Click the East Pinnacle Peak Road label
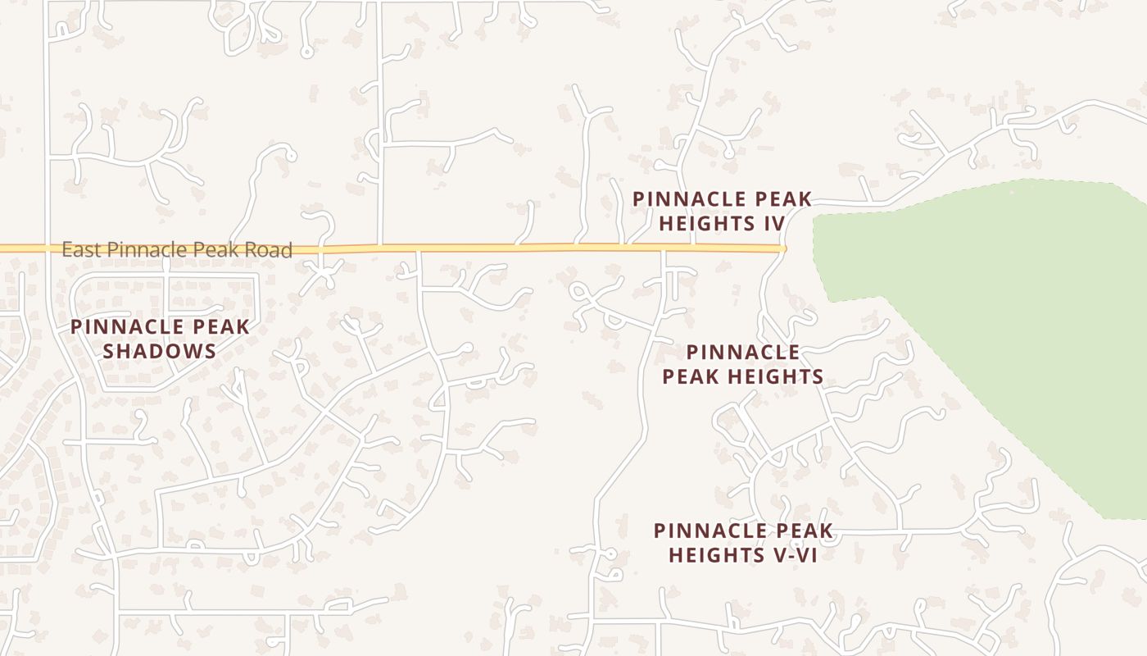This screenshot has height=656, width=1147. tap(177, 250)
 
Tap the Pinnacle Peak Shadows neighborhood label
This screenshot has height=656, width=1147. tap(160, 339)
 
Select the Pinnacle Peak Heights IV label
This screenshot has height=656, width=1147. tap(722, 212)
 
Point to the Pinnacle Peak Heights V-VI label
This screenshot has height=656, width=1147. tap(743, 543)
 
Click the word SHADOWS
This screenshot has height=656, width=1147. tap(160, 352)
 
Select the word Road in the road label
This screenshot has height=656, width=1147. tap(270, 250)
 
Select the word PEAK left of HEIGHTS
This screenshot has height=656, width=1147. tap(684, 377)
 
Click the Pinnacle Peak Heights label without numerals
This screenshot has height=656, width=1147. tap(742, 365)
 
